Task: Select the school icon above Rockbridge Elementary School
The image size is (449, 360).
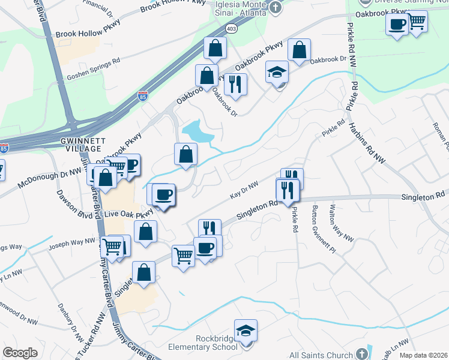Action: click(x=246, y=331)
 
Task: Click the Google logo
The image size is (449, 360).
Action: click(x=20, y=353)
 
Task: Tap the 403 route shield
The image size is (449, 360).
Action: click(x=232, y=28)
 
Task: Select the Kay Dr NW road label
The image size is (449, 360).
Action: click(x=244, y=191)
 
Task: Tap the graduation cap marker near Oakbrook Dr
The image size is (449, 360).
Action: click(x=277, y=72)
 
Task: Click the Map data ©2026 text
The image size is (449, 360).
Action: click(x=423, y=355)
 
